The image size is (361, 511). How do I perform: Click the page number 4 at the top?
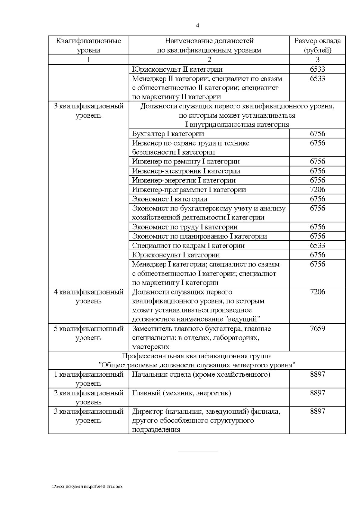(197, 26)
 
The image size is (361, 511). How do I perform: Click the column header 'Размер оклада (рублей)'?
(317, 45)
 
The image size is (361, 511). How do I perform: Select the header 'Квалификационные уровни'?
(88, 45)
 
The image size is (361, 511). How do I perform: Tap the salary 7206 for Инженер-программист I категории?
(317, 189)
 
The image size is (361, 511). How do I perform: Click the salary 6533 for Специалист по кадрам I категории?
(317, 245)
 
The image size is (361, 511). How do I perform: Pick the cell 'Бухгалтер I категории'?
(168, 134)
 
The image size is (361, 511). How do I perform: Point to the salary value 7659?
(317, 329)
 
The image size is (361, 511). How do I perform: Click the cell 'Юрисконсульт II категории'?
(177, 69)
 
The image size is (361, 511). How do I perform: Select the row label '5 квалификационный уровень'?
(88, 333)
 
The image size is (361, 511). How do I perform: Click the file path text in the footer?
(87, 486)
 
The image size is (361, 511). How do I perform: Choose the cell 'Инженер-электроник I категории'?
(186, 171)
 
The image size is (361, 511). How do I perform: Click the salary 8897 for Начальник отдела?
(317, 374)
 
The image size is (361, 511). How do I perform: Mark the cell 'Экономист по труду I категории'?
(185, 227)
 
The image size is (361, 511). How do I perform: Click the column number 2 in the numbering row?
(209, 60)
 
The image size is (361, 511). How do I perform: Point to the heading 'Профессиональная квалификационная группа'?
(197, 356)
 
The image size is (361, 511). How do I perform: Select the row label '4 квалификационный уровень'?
(88, 297)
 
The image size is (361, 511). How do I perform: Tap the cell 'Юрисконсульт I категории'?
(176, 255)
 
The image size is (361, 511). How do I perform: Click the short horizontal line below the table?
(198, 451)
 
